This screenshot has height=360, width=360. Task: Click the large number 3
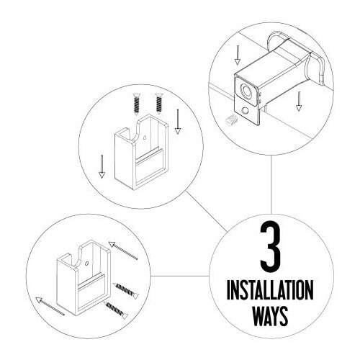pyautogui.click(x=271, y=246)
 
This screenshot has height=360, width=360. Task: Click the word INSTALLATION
pyautogui.click(x=270, y=290)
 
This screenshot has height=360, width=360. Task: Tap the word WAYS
pyautogui.click(x=270, y=316)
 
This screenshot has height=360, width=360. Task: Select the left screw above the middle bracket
pyautogui.click(x=137, y=104)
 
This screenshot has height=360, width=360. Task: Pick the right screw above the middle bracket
pyautogui.click(x=158, y=104)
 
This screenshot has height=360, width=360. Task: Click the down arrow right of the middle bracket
pyautogui.click(x=178, y=122)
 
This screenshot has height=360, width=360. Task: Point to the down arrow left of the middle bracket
pyautogui.click(x=102, y=166)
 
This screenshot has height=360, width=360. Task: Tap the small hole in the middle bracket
pyautogui.click(x=145, y=138)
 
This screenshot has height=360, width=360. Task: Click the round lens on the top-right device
pyautogui.click(x=246, y=91)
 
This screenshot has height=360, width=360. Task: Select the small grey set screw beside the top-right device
pyautogui.click(x=230, y=119)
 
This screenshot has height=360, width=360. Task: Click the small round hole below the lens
pyautogui.click(x=245, y=111)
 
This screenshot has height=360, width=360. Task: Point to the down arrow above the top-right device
pyautogui.click(x=238, y=55)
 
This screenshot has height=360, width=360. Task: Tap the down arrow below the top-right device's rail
pyautogui.click(x=299, y=102)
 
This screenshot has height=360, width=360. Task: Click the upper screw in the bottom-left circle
pyautogui.click(x=126, y=291)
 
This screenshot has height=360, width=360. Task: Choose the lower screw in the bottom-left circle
pyautogui.click(x=116, y=310)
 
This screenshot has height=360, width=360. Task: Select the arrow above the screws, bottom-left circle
pyautogui.click(x=123, y=251)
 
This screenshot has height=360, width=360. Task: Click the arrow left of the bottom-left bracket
pyautogui.click(x=50, y=306)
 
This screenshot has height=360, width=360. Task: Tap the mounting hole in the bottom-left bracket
pyautogui.click(x=87, y=264)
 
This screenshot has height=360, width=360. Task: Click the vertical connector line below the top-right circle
pyautogui.click(x=271, y=184)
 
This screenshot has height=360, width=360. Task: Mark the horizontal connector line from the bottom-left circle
pyautogui.click(x=180, y=276)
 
